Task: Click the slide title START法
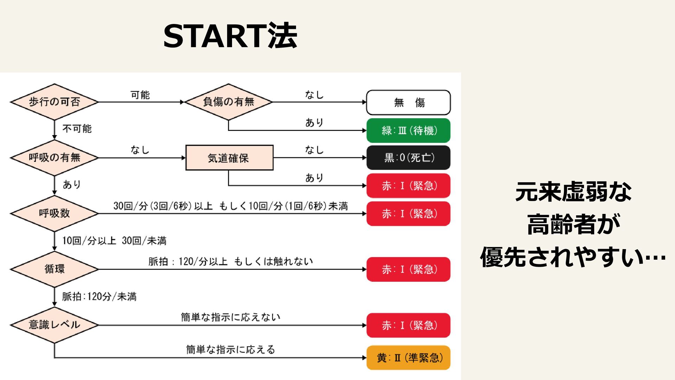pos(230,36)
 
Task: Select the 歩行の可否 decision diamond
pos(54,102)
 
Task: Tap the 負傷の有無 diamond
pos(229,102)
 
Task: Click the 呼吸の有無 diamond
pos(54,158)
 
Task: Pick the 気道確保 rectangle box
pos(229,158)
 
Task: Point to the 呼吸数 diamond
pos(54,213)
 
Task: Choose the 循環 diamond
pos(54,269)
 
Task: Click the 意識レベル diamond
pos(54,325)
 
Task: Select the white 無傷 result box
pos(408,102)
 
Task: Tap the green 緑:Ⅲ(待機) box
pos(408,131)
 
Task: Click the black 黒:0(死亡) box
pos(408,158)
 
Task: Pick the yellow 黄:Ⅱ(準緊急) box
pos(408,358)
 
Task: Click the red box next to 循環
pos(408,270)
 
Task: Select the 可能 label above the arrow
pos(140,95)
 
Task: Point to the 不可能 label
pos(77,129)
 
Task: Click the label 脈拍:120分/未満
pos(99,297)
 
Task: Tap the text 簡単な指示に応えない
pos(231,317)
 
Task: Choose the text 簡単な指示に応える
pos(231,350)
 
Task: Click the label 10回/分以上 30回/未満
pos(114,241)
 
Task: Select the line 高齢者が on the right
pos(573,224)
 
